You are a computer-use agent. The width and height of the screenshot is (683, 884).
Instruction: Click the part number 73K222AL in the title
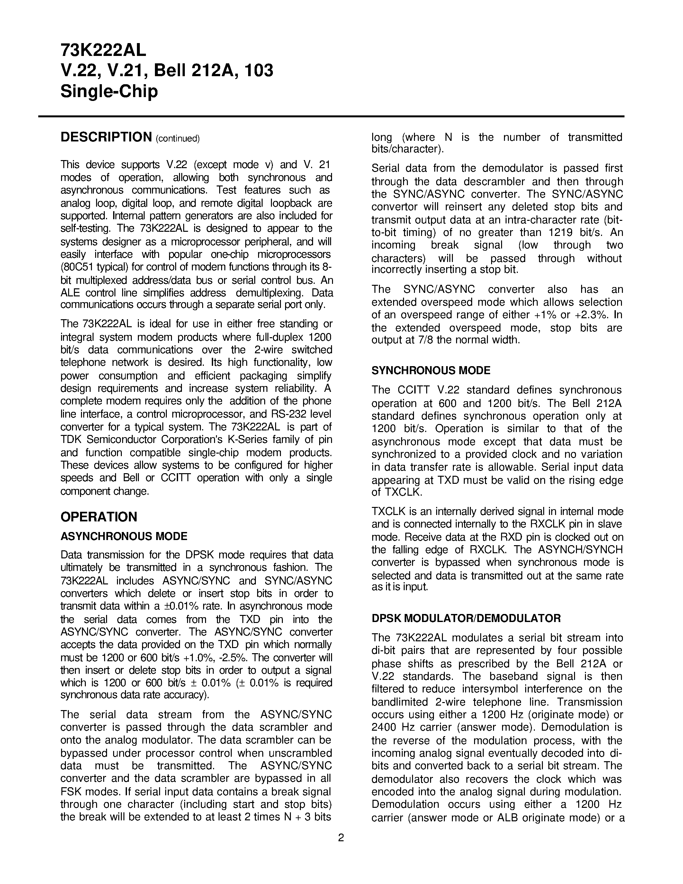103,50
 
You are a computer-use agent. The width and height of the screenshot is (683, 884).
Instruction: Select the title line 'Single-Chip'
109,91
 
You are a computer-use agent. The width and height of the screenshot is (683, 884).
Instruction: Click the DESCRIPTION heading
106,137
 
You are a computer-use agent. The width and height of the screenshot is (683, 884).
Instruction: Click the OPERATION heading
99,517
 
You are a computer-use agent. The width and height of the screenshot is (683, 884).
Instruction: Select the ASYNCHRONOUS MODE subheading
124,536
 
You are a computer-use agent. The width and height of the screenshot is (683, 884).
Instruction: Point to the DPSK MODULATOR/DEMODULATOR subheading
466,618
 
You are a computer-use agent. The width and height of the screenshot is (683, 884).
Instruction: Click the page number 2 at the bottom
341,837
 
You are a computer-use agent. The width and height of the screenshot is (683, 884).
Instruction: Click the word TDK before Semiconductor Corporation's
72,439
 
